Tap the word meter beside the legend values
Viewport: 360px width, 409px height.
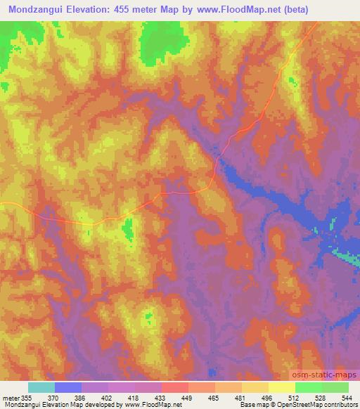(11, 398)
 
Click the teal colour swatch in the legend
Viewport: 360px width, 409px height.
(41, 387)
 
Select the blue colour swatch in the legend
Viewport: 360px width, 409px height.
(68, 387)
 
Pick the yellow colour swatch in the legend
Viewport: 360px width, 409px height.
(281, 387)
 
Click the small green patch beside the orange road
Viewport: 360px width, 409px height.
(128, 228)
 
